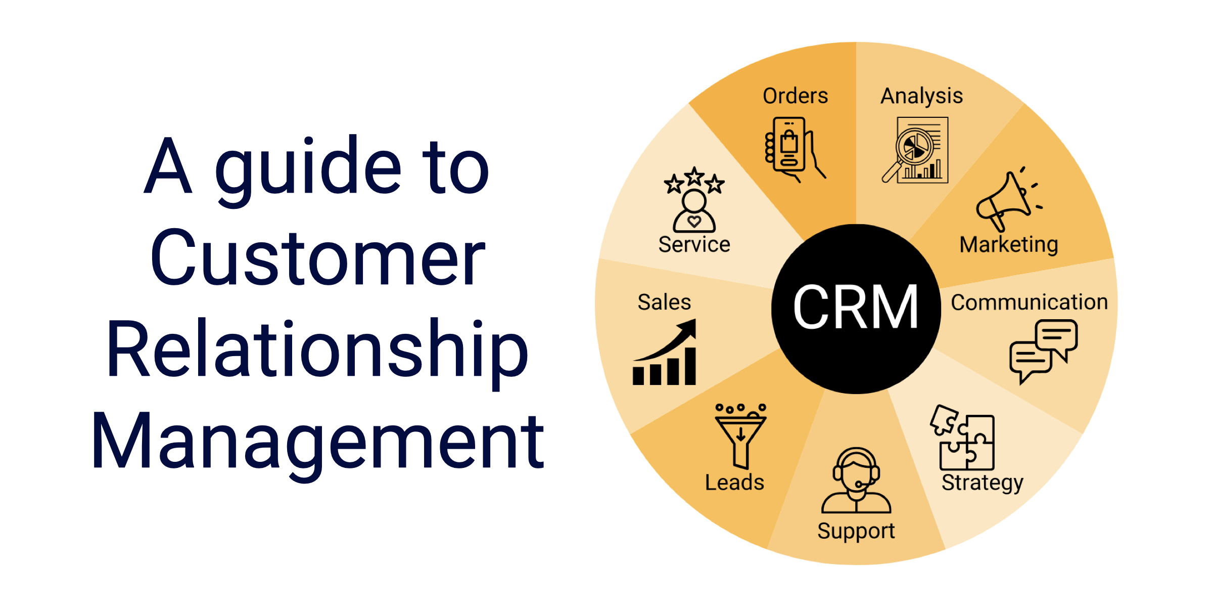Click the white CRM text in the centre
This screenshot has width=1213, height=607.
tap(856, 307)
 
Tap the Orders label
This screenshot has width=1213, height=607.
tap(795, 96)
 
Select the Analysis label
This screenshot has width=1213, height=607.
tap(922, 96)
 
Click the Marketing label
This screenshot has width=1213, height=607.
tap(1009, 245)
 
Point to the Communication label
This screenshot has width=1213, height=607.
tap(1029, 302)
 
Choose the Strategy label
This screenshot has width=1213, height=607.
tap(982, 483)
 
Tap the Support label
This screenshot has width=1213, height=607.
tap(856, 531)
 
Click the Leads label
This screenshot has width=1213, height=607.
tap(734, 483)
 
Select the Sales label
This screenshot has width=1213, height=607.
tap(664, 302)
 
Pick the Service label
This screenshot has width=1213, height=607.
tap(694, 245)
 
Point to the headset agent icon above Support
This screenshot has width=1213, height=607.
tap(856, 481)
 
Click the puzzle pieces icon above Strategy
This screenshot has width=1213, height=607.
tap(963, 438)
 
